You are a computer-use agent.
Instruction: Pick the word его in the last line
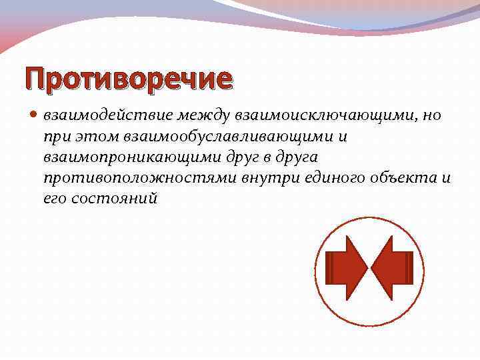pyautogui.click(x=54, y=199)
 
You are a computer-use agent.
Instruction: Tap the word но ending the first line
pyautogui.click(x=432, y=115)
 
